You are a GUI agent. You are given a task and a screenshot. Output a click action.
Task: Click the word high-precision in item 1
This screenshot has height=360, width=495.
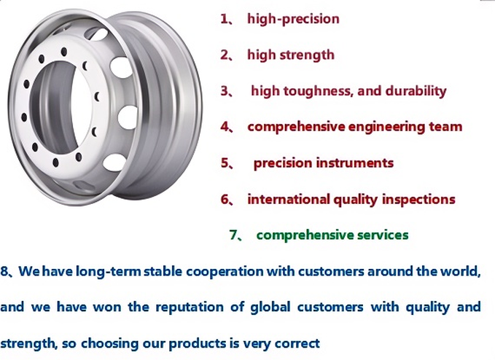[293, 19]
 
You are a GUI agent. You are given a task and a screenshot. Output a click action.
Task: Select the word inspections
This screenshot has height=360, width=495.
[418, 200]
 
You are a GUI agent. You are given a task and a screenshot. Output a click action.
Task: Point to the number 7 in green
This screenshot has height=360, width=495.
[233, 235]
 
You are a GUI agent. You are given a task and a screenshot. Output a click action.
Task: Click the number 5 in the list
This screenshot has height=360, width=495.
[225, 163]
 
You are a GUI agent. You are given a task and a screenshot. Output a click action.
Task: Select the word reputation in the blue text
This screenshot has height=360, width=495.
[190, 308]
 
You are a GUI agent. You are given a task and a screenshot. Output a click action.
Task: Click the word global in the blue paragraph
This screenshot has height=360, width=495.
[270, 308]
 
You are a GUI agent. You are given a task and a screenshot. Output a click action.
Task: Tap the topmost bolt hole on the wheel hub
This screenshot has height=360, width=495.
[64, 52]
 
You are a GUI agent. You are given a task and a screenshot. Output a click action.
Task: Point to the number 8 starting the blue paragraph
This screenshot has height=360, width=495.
[4, 272]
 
